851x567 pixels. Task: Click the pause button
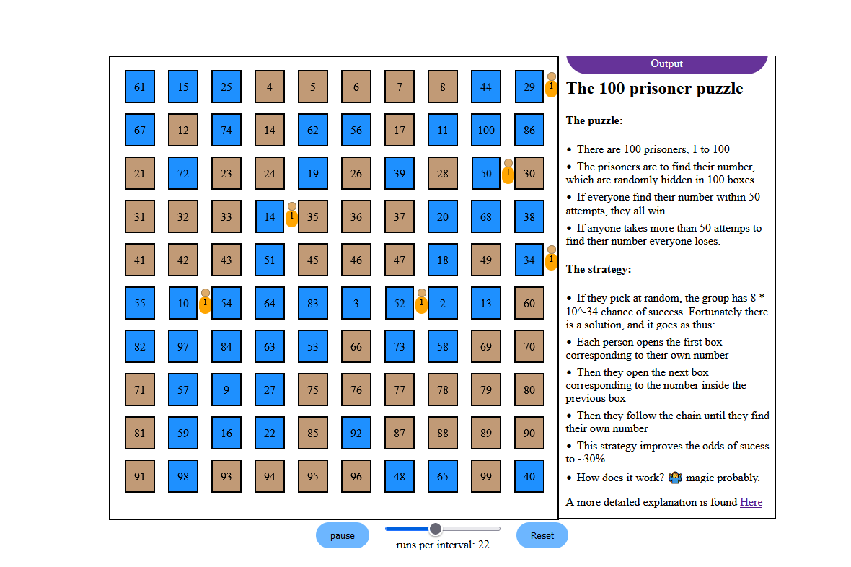(x=343, y=535)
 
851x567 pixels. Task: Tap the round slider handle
(x=436, y=529)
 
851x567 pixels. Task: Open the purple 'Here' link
(x=751, y=502)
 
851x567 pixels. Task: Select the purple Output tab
(x=667, y=64)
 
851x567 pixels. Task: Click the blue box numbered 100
(x=486, y=130)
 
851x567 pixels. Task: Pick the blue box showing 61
(x=139, y=87)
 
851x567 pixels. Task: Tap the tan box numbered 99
(x=486, y=476)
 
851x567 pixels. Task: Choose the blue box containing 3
(x=356, y=303)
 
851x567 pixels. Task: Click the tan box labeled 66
(x=356, y=346)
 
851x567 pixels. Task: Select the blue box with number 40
(x=529, y=476)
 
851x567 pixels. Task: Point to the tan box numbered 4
(x=270, y=87)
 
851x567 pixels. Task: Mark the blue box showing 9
(x=226, y=390)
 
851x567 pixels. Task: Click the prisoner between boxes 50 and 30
(x=508, y=172)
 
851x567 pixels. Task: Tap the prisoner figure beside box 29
(x=552, y=84)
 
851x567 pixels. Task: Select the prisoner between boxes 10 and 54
(x=205, y=302)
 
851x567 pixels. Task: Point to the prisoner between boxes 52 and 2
(x=422, y=302)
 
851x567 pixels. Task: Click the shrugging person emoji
(x=675, y=478)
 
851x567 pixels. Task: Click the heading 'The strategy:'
(x=599, y=269)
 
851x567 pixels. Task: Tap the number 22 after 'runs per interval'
(x=484, y=545)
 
